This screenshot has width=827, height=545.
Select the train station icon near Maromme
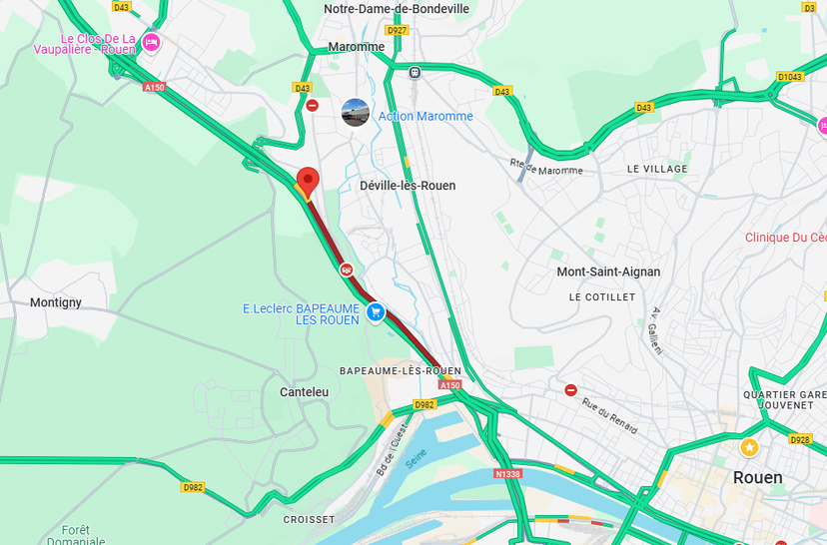coord(414,72)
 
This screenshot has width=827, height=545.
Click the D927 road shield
coord(397,30)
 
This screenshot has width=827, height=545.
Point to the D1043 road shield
coord(789,76)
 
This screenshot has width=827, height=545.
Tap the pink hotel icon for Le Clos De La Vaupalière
coord(151,42)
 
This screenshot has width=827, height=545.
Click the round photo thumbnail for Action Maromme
coord(355,113)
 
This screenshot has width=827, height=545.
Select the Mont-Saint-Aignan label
coord(608,272)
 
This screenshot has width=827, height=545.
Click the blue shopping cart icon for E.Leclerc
coord(376,312)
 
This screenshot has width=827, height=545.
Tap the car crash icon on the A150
coord(346,270)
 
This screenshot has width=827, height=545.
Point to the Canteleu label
coord(304,392)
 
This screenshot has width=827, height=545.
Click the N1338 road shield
coord(506,475)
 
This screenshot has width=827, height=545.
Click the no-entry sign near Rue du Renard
coord(570,390)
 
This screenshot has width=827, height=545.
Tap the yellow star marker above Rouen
coord(749,446)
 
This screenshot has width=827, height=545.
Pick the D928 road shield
coord(800,439)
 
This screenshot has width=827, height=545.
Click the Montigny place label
coord(56,302)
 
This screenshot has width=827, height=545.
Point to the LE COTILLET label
coord(601,297)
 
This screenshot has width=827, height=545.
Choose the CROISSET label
coord(309,520)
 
